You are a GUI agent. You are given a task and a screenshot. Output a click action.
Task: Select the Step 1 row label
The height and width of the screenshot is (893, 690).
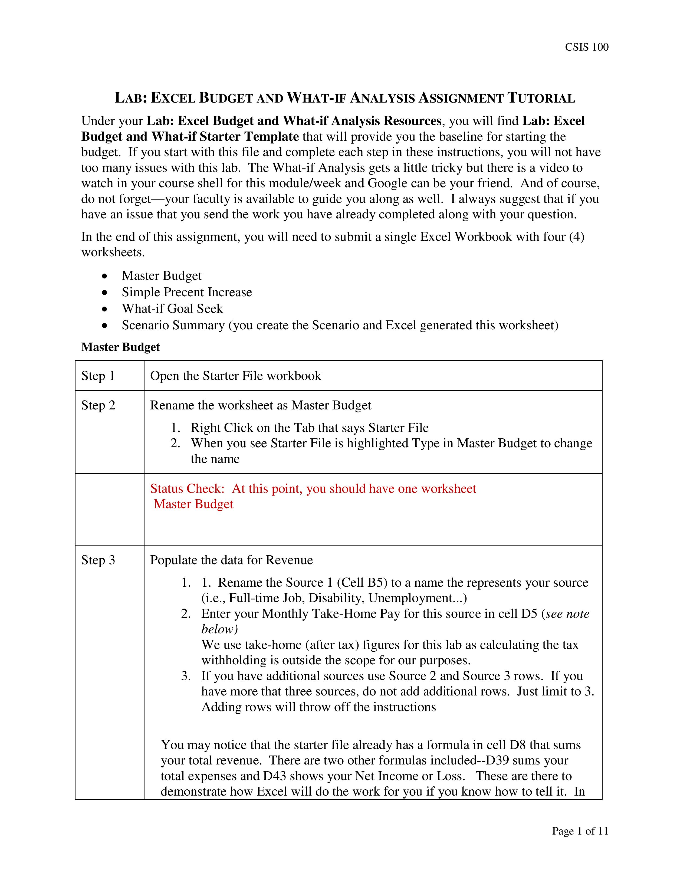[98, 376]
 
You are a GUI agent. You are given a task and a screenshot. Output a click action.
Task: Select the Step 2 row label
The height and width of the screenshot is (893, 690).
[98, 405]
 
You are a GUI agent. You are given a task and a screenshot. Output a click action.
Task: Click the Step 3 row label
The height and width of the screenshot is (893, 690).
[98, 560]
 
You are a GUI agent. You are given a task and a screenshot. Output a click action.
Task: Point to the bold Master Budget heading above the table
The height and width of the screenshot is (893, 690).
[120, 347]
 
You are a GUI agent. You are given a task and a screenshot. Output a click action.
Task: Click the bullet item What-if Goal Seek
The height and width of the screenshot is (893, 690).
[172, 309]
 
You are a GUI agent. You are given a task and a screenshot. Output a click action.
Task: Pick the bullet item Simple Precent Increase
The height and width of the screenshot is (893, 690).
[186, 292]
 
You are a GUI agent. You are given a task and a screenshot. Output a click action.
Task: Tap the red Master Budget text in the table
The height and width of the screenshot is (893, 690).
[193, 504]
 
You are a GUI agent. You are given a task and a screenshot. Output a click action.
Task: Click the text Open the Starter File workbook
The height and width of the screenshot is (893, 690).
[235, 376]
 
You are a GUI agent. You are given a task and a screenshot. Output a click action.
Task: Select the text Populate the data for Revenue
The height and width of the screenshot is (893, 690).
[231, 560]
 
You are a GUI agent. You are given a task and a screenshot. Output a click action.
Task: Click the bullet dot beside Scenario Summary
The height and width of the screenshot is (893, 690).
[106, 326]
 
